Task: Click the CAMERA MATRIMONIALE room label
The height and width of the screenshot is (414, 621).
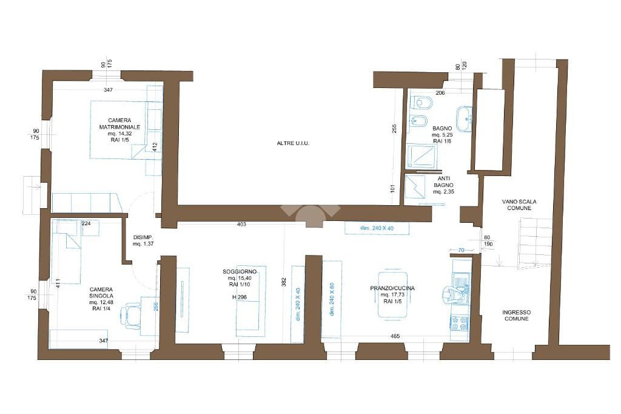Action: [119, 124]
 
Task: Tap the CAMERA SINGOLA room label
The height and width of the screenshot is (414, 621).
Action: [101, 293]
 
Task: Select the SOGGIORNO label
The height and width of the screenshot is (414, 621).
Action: [240, 271]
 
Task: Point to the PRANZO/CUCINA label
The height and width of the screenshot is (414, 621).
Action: [392, 288]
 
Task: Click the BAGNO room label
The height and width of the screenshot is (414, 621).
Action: [442, 129]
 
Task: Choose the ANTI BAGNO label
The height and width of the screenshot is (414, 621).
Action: [443, 182]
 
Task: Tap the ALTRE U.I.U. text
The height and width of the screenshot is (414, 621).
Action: [293, 143]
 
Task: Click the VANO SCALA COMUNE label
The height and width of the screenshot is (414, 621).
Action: [519, 205]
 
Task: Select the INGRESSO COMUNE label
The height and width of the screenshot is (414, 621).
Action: [517, 315]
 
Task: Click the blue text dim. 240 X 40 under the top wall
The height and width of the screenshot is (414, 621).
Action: [377, 228]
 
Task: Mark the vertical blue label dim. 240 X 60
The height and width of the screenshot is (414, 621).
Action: [332, 299]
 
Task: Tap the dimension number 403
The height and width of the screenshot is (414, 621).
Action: [241, 225]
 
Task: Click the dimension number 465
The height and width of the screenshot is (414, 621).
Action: [395, 336]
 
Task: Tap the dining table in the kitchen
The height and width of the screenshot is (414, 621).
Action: [392, 294]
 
